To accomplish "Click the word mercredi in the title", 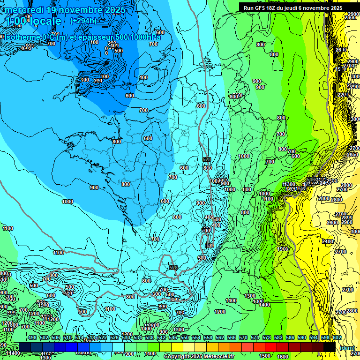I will (23, 10).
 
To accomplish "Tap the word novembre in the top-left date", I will (81, 10).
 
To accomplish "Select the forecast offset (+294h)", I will (83, 21).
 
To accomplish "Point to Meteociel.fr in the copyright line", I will (216, 357).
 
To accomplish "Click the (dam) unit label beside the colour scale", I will (346, 347).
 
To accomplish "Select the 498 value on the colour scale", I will (32, 337).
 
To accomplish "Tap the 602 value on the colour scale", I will (337, 337).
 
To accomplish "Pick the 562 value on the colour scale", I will (219, 337).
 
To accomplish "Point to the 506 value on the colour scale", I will (56, 337).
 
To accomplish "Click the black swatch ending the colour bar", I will (330, 347).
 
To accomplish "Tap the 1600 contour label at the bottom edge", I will (283, 356).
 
